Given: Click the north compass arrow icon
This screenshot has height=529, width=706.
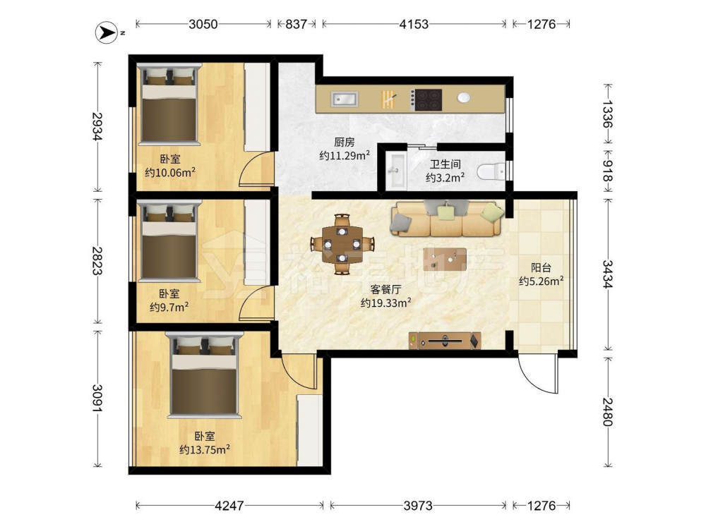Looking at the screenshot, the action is click(107, 33).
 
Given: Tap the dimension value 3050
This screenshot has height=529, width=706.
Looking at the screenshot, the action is click(203, 24).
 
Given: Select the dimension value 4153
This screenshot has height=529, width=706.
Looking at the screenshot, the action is click(414, 24).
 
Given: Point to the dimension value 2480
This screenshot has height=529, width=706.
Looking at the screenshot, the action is click(607, 412).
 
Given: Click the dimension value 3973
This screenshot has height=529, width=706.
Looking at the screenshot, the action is click(418, 506).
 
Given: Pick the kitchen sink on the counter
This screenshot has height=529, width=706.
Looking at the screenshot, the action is click(345, 99).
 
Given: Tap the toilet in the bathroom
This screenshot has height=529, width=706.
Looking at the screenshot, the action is click(491, 171).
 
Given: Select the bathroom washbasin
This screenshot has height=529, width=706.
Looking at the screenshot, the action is click(397, 171).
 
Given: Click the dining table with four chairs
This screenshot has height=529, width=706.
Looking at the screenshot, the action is click(342, 244).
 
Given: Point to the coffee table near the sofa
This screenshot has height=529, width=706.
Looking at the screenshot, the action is click(445, 260).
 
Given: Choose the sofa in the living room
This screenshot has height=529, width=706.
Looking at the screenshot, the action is click(448, 219).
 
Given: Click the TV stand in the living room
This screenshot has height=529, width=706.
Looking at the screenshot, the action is click(445, 341).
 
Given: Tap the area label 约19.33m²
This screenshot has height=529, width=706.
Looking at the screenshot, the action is click(386, 303).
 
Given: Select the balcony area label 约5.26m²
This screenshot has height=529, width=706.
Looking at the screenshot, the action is click(542, 281).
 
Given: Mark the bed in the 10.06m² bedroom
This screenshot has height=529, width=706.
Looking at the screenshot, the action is click(169, 104).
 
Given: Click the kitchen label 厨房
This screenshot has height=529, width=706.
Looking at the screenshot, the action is click(345, 142).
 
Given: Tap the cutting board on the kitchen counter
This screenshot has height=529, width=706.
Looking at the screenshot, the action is click(388, 99).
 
